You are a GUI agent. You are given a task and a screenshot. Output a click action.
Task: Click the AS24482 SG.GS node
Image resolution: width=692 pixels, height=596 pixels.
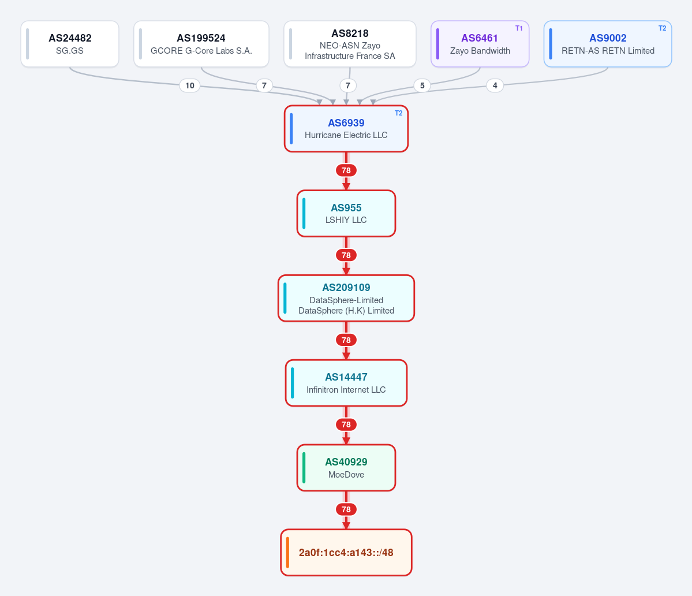[70, 44]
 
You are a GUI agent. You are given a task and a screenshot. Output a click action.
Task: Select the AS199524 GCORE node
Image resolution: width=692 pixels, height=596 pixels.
[201, 44]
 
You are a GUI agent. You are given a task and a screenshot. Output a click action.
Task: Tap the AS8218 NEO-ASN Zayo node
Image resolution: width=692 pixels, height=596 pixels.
[350, 44]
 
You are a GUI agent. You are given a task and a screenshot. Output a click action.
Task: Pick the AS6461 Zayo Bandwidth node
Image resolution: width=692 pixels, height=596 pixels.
[480, 44]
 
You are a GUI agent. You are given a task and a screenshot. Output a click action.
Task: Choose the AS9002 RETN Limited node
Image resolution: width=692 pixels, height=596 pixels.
[608, 44]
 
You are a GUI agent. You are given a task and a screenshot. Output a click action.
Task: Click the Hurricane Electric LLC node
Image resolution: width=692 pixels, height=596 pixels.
[346, 128]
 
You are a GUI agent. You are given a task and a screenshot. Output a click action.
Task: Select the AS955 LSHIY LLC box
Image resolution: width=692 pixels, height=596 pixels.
[346, 213]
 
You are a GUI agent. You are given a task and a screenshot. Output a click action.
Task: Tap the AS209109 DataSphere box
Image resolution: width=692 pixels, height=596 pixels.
[346, 298]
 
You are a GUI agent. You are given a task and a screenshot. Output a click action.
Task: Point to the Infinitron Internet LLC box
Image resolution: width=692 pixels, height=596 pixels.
[346, 383]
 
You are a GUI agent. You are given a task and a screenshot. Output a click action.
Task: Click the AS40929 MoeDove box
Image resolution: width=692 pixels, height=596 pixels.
[346, 468]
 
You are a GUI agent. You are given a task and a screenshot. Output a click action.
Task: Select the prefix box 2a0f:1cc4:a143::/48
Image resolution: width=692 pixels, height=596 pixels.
[346, 552]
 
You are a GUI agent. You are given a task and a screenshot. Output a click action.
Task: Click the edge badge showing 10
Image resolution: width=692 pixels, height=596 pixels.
[190, 85]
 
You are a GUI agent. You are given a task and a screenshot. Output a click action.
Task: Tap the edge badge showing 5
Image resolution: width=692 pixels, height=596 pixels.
[422, 85]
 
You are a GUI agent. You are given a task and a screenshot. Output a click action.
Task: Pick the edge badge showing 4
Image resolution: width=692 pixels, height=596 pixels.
[495, 85]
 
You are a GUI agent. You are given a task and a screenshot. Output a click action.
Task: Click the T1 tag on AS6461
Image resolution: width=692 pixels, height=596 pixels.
[519, 28]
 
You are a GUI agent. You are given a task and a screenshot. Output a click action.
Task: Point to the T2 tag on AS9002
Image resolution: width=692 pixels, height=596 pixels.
[663, 28]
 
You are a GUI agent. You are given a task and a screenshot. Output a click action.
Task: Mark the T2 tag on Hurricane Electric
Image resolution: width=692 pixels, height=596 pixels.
[398, 113]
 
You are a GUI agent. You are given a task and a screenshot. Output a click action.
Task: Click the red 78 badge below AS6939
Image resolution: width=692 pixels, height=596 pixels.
[346, 170]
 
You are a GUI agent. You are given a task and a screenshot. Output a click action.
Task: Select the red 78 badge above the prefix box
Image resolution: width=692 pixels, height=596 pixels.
[346, 509]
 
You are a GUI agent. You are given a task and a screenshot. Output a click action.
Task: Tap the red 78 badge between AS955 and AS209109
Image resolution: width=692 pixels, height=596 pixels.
[346, 255]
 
